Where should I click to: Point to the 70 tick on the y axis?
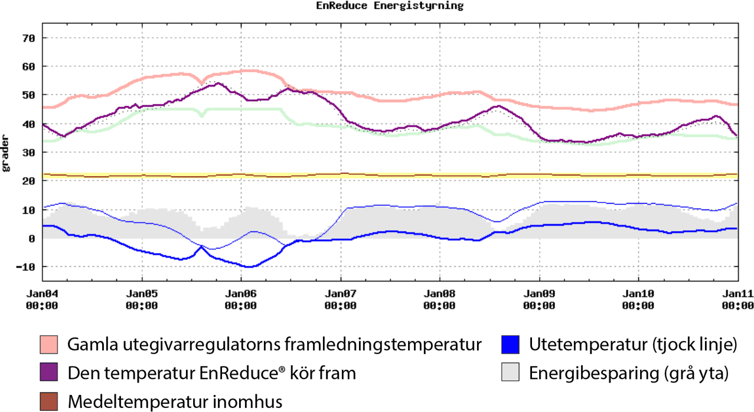[29, 38]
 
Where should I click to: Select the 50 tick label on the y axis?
[29, 95]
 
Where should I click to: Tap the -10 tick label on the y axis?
[26, 267]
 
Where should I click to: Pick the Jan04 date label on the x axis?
[43, 293]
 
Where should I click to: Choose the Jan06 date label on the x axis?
[241, 293]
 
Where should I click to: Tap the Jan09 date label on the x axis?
[539, 293]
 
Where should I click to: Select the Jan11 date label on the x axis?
[737, 293]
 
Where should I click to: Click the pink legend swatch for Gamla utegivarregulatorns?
[50, 344]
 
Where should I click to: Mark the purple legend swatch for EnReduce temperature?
[50, 373]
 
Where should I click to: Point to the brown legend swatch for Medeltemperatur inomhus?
[50, 401]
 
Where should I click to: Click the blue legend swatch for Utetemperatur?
[510, 344]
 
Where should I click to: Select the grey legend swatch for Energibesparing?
[510, 373]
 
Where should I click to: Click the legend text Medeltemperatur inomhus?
[175, 401]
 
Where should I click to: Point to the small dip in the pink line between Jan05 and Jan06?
[202, 81]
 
